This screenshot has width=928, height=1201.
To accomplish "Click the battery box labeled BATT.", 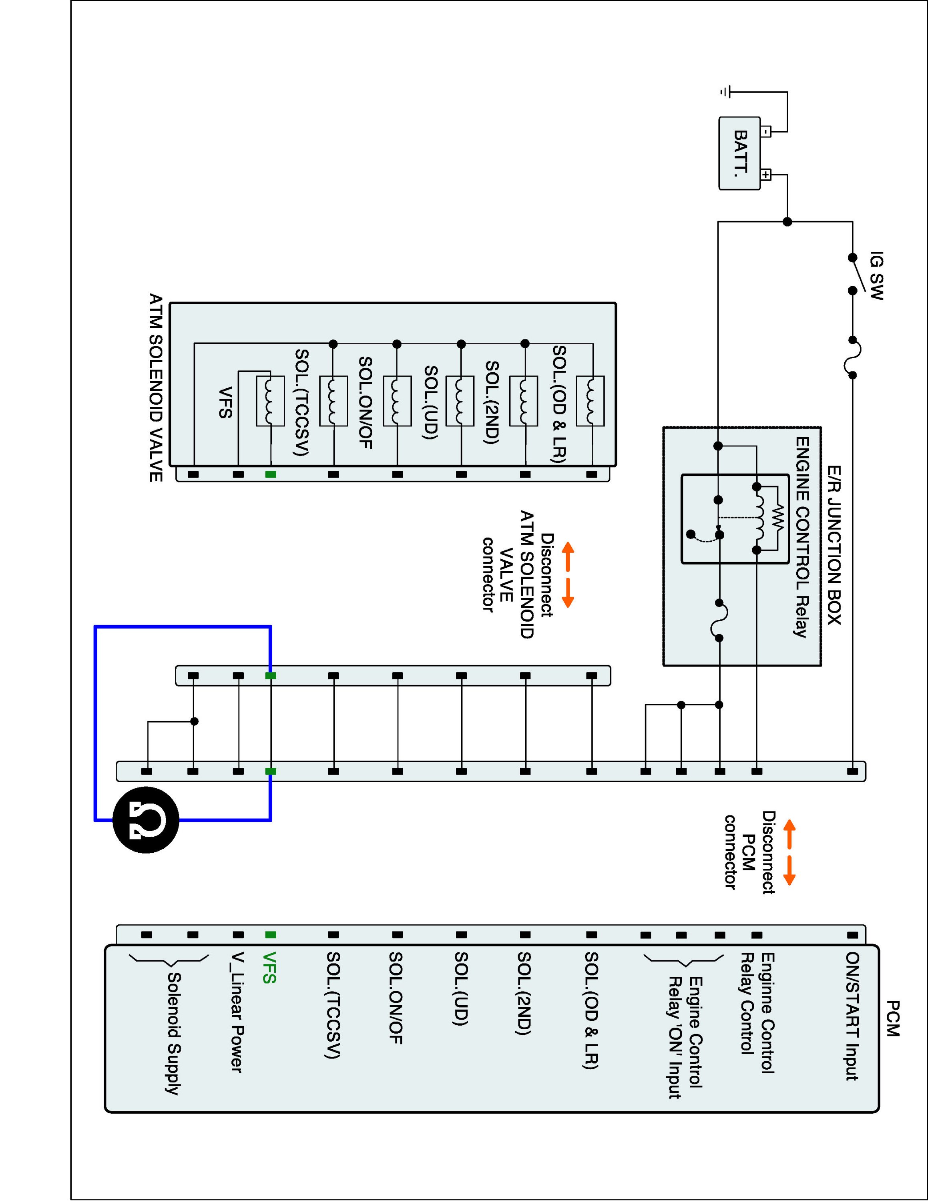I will pos(739,153).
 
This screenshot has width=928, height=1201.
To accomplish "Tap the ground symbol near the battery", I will pos(726,92).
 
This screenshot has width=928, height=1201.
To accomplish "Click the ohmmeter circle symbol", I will pos(146,820).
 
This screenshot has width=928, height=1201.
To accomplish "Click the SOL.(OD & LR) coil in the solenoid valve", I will pos(590,401).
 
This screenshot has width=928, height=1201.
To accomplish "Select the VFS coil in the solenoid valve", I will pos(270,401).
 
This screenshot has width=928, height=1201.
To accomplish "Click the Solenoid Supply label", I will pos(173,1034).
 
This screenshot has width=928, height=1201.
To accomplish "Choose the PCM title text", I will pos(892,1018).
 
